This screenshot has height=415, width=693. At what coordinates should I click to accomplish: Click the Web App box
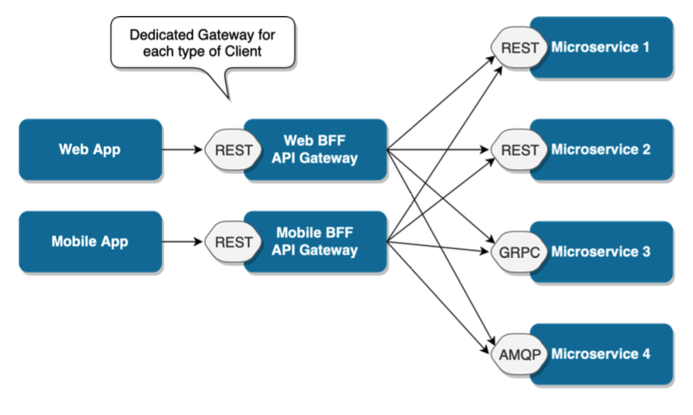90,149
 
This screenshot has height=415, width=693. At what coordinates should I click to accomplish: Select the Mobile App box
90,241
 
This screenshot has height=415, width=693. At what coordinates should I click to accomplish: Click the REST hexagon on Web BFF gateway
233,149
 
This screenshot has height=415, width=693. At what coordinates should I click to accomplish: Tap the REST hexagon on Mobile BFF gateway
233,241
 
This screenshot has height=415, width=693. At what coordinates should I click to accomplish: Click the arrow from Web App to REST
183,149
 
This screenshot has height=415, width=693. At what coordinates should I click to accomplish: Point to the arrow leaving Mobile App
183,241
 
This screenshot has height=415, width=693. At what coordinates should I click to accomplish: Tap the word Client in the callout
241,53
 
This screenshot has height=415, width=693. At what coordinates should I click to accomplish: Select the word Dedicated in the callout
160,35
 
